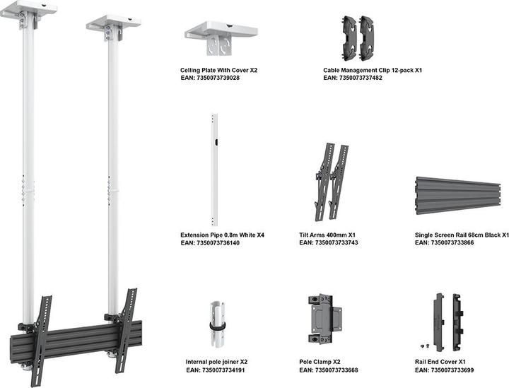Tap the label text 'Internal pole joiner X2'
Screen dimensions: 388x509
click(x=216, y=362)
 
